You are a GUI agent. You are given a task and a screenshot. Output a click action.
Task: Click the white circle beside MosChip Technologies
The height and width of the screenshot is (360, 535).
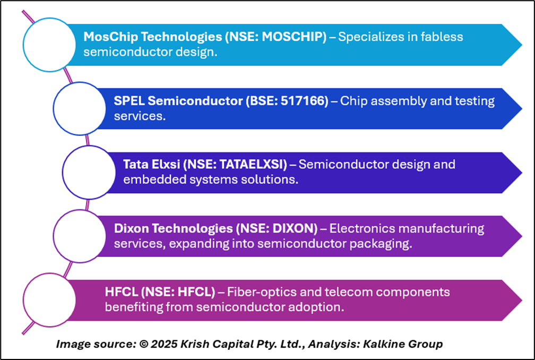coord(49,45)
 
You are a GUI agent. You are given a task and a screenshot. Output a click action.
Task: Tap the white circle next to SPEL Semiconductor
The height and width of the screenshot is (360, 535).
coord(80,108)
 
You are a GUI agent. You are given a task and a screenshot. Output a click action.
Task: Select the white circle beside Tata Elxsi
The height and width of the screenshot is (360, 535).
coord(89,173)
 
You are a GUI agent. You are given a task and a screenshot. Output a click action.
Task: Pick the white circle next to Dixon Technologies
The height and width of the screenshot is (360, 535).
coord(80,236)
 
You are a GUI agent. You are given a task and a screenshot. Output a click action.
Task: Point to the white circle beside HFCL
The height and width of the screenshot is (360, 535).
coord(49,300)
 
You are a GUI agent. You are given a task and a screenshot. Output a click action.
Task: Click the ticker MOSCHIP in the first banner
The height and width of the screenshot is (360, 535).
coord(293,37)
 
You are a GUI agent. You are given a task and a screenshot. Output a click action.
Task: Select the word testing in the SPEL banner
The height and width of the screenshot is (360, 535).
coord(474,101)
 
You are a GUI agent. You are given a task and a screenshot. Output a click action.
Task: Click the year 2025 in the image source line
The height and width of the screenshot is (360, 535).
coord(164,344)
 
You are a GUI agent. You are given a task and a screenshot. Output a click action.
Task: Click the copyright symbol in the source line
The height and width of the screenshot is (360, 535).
coord(144,344)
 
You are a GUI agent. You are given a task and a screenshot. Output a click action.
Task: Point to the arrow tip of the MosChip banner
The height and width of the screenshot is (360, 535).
coord(522,45)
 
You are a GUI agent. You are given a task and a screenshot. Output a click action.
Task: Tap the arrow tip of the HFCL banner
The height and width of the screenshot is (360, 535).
coord(522,301)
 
